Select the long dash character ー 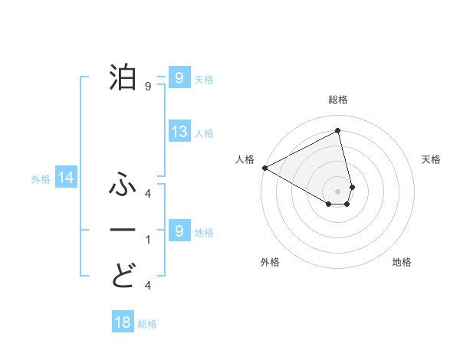(124, 230)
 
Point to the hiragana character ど (124, 275)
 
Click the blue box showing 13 (179, 132)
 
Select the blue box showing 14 (66, 178)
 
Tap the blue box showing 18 (123, 322)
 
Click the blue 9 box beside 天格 (179, 77)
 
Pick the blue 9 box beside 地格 (179, 231)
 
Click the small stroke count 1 (148, 240)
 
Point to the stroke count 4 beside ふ (148, 194)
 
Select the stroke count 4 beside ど (148, 285)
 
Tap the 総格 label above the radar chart (338, 100)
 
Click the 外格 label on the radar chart (270, 262)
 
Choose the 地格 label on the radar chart (402, 262)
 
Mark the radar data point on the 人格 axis (264, 167)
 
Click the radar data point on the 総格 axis (338, 131)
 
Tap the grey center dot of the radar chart (338, 191)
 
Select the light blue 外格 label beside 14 (40, 179)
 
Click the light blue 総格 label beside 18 (147, 324)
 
